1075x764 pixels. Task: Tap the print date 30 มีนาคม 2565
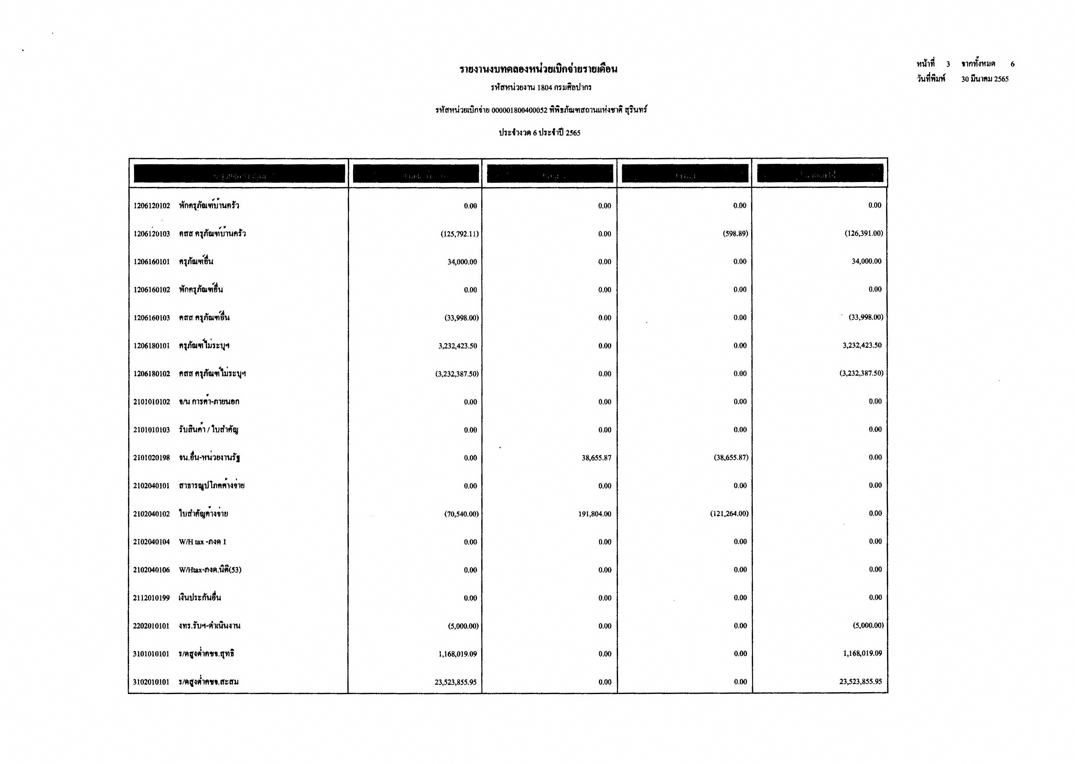point(985,79)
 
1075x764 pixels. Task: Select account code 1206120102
point(151,205)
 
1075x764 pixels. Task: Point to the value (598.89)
point(735,233)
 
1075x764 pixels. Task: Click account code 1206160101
point(151,262)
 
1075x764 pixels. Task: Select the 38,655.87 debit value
point(596,458)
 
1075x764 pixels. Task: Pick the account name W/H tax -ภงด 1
point(202,542)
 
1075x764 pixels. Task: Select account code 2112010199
point(151,598)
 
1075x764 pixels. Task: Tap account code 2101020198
point(151,458)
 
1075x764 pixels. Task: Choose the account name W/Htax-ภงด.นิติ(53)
point(210,570)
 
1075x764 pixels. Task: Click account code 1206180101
point(151,346)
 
